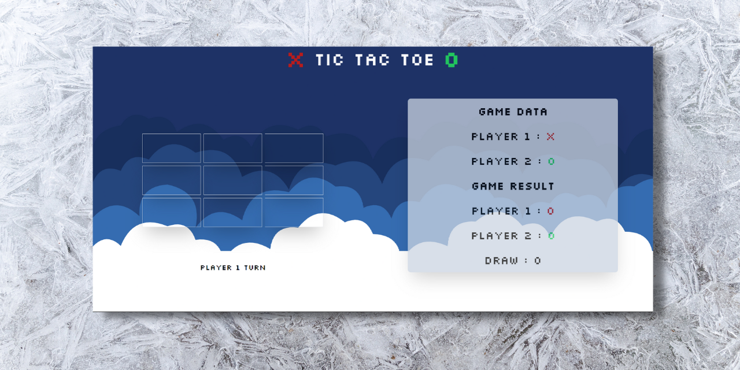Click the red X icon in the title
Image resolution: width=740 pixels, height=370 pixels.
click(x=295, y=60)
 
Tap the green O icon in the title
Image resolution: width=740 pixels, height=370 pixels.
click(x=452, y=60)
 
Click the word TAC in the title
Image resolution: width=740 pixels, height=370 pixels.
click(x=372, y=60)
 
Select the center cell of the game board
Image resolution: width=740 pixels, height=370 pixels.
click(x=232, y=180)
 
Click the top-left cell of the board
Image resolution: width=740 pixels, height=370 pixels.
click(x=171, y=148)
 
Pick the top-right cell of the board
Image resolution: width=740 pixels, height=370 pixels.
click(x=294, y=148)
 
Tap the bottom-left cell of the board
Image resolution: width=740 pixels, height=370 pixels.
click(x=171, y=212)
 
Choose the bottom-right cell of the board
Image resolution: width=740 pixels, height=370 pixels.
click(x=294, y=212)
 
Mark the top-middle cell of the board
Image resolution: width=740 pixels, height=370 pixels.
click(x=232, y=148)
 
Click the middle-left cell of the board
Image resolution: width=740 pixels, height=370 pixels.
click(x=171, y=180)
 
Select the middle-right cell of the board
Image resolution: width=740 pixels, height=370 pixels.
click(x=294, y=180)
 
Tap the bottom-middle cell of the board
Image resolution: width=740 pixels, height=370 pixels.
click(x=232, y=212)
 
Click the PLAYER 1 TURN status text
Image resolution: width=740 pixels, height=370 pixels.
click(x=233, y=268)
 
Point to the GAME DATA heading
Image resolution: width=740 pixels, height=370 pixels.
click(x=513, y=112)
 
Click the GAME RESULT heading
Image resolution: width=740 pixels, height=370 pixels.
click(x=513, y=186)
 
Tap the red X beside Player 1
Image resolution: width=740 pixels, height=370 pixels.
click(x=550, y=136)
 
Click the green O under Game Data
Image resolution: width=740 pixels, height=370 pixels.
click(x=551, y=161)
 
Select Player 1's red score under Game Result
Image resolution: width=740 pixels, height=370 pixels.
click(x=550, y=211)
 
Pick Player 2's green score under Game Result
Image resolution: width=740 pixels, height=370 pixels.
click(x=551, y=236)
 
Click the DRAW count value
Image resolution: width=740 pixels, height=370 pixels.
click(x=538, y=261)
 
